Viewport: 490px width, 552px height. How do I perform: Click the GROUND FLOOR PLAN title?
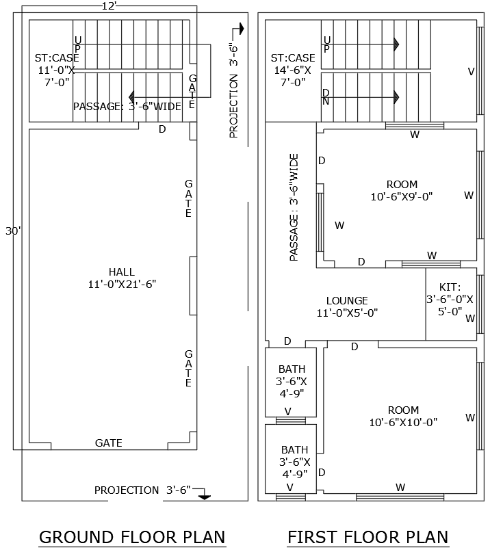click(132, 537)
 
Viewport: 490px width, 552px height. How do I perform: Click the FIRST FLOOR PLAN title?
click(367, 537)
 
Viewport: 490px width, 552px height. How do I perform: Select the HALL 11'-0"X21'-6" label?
click(122, 278)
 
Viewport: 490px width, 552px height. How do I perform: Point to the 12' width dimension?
click(108, 6)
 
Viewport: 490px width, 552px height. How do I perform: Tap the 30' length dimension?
click(12, 231)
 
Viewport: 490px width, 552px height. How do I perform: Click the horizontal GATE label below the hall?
click(109, 443)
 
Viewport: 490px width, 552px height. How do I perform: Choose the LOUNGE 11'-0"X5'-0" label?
click(347, 306)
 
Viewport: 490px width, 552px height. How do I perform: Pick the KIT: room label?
click(450, 299)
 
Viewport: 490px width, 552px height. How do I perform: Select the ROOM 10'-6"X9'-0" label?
click(402, 190)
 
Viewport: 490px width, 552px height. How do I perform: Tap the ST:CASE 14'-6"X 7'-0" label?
click(293, 70)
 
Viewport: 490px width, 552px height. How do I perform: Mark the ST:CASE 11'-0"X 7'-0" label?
click(57, 70)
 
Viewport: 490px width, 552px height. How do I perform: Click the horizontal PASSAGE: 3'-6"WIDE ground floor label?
click(127, 107)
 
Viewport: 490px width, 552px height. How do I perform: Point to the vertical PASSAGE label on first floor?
click(294, 207)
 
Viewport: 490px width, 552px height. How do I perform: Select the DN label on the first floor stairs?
click(326, 97)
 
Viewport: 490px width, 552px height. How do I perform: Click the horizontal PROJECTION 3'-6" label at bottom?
click(144, 490)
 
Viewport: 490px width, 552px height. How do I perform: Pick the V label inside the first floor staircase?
click(471, 71)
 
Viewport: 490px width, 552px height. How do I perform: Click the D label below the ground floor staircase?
click(162, 129)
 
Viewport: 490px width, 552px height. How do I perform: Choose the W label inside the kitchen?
click(470, 318)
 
